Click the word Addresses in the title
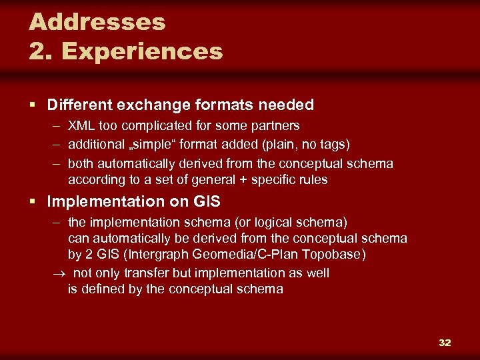coord(97,22)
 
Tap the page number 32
coord(445,343)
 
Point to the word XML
coord(81,126)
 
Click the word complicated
coord(154,126)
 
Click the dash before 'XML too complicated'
coord(55,126)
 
